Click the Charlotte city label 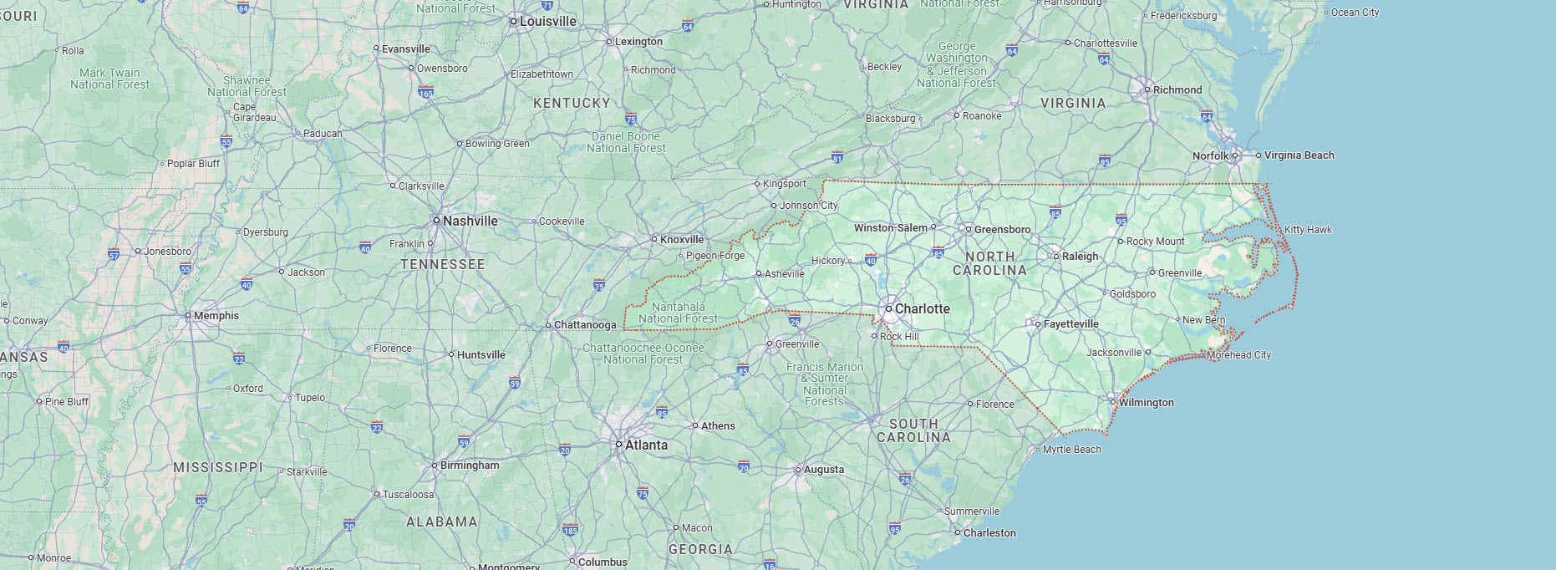[922, 309]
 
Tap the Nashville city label [470, 221]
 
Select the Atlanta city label [646, 445]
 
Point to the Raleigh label [1080, 257]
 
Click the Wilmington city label [1146, 403]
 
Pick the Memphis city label [216, 316]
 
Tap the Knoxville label [681, 240]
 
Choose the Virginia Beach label [1299, 155]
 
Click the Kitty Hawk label [1308, 230]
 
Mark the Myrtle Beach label [1071, 450]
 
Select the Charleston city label [989, 533]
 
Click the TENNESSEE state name [442, 265]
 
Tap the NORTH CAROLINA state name [989, 264]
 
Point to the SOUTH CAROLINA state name [913, 431]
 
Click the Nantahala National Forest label [678, 313]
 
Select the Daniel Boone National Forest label [626, 143]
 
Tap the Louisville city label [547, 22]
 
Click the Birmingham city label [469, 466]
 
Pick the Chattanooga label [584, 325]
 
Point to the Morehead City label [1238, 355]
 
